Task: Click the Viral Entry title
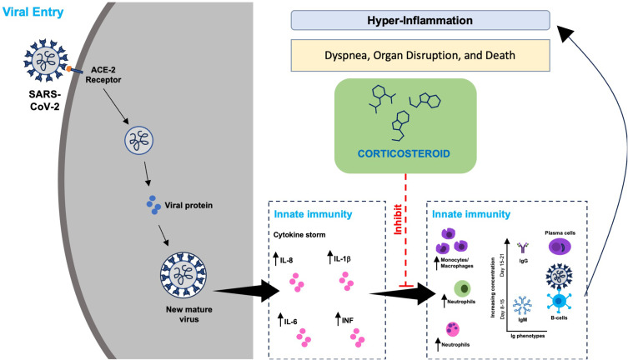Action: pyautogui.click(x=33, y=12)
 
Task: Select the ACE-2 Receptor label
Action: pyautogui.click(x=103, y=75)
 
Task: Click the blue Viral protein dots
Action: pyautogui.click(x=153, y=204)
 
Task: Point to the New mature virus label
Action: pyautogui.click(x=189, y=314)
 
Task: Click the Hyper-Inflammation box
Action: pyautogui.click(x=420, y=20)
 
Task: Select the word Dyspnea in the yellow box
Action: pyautogui.click(x=346, y=55)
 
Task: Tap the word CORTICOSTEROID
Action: pyautogui.click(x=404, y=153)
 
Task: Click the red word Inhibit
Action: pyautogui.click(x=398, y=219)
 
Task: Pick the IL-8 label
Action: pyautogui.click(x=286, y=260)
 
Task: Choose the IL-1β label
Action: pyautogui.click(x=343, y=259)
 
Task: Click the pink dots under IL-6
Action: pyautogui.click(x=304, y=338)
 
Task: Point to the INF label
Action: pyautogui.click(x=348, y=320)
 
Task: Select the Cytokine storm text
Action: pyautogui.click(x=299, y=235)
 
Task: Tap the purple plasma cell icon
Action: pyautogui.click(x=560, y=247)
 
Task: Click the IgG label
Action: pyautogui.click(x=523, y=261)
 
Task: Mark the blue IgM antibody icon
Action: pyautogui.click(x=522, y=306)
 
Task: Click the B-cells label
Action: pyautogui.click(x=559, y=318)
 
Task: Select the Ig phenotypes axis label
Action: pyautogui.click(x=527, y=336)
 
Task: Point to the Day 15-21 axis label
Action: pyautogui.click(x=502, y=265)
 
